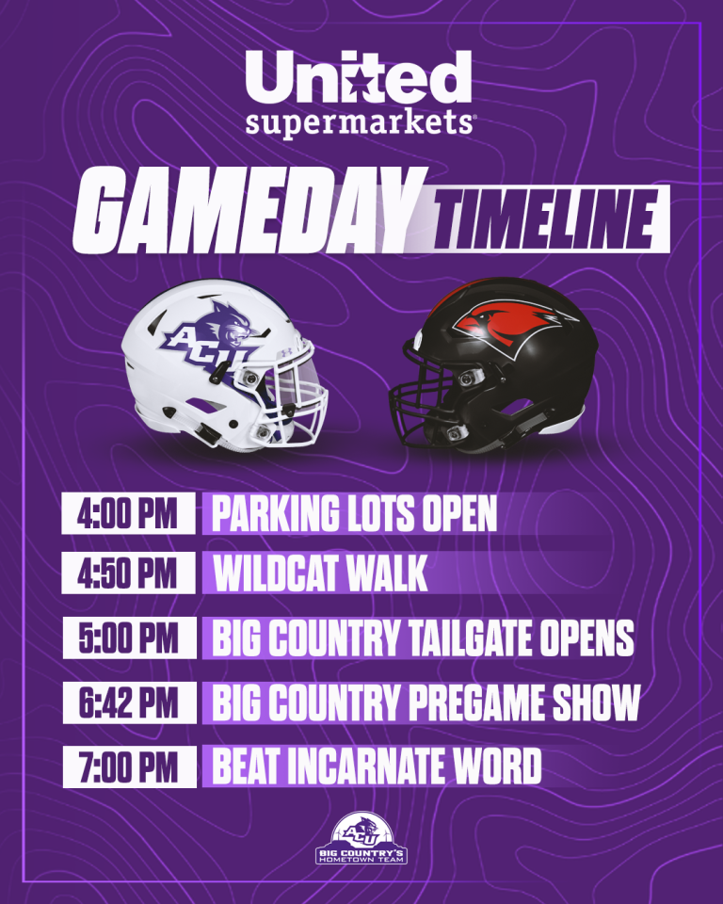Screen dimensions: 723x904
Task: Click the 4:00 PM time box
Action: [x=128, y=512]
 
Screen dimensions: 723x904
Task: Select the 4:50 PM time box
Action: [x=128, y=573]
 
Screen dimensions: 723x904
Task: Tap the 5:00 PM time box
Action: [x=129, y=638]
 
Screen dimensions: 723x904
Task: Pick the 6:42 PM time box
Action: [x=129, y=702]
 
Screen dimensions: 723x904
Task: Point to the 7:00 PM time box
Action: [x=129, y=767]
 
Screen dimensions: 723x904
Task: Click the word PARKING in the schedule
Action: [x=276, y=513]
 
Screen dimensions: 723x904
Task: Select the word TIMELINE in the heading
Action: [x=547, y=219]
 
